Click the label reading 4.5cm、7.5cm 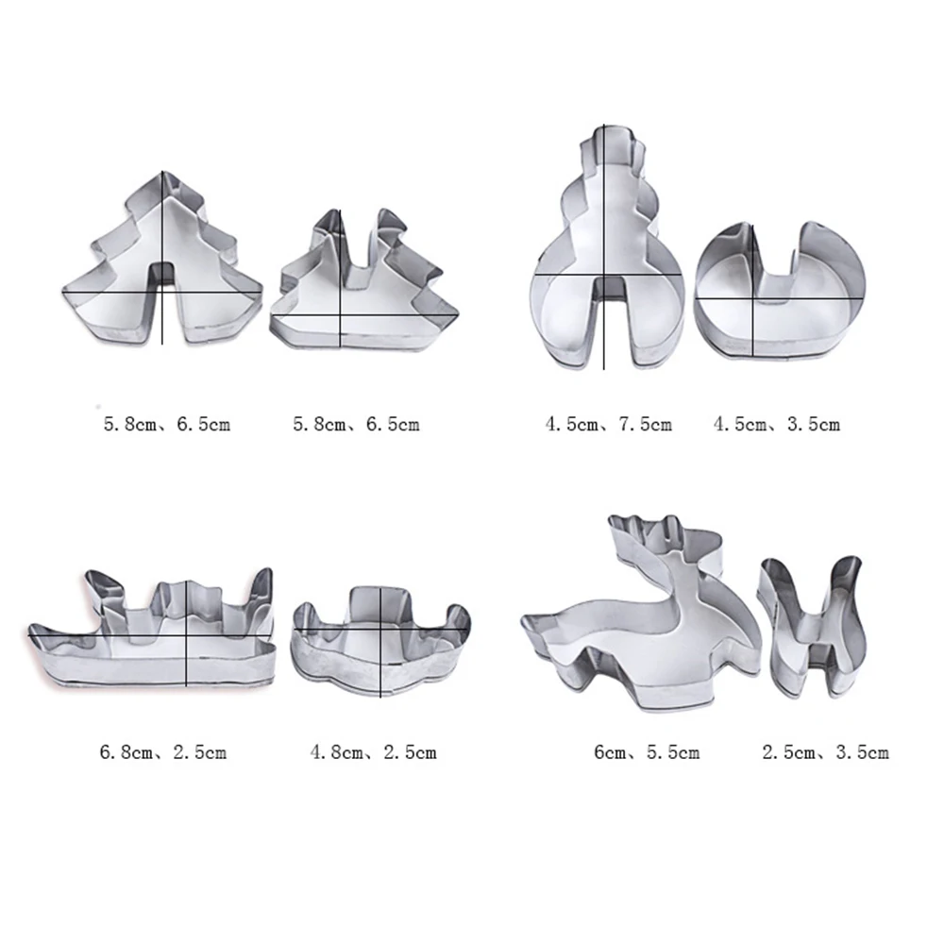pos(608,425)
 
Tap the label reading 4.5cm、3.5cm pos(777,425)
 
